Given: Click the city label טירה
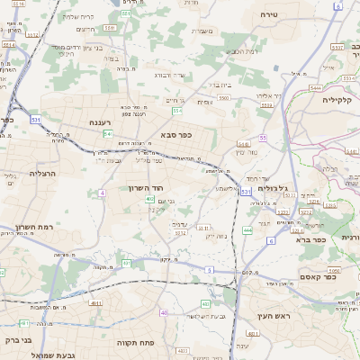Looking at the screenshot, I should coord(268,15).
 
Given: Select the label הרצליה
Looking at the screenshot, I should coord(42,173).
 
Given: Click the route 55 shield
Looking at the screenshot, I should coord(263,138).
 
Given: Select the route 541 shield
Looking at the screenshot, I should coord(107,133).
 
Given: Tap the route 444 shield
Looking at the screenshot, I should coord(247,230).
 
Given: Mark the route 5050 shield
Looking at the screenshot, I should coord(333,269).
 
